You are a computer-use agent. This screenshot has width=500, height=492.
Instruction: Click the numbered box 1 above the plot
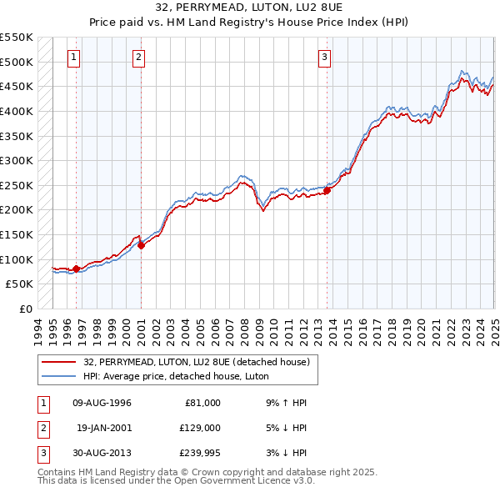74,58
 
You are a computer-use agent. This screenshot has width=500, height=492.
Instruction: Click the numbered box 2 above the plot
138,58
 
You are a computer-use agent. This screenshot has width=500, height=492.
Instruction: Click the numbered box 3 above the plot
324,58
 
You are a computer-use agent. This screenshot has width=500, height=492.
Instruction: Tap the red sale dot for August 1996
76,269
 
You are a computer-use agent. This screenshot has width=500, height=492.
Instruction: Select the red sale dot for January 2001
141,244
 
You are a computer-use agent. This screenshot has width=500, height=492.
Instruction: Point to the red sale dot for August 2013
327,190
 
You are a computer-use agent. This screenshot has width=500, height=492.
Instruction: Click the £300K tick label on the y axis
16,160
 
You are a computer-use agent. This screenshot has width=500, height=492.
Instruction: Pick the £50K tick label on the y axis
19,284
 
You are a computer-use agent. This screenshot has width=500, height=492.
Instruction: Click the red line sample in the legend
60,362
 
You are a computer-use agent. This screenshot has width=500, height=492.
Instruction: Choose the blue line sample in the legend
60,376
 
